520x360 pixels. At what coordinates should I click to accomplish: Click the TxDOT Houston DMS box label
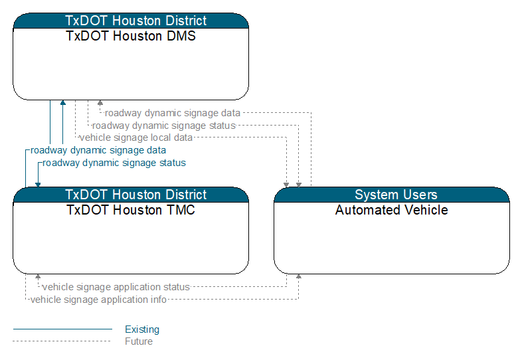pyautogui.click(x=131, y=36)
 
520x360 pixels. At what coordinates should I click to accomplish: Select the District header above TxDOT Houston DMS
pyautogui.click(x=136, y=21)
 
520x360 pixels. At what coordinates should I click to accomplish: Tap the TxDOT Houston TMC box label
pyautogui.click(x=131, y=210)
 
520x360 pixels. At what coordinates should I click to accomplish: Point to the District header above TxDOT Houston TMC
pyautogui.click(x=136, y=195)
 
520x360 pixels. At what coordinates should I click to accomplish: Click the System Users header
pyautogui.click(x=396, y=195)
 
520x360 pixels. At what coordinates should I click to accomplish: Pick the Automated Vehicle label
pyautogui.click(x=392, y=210)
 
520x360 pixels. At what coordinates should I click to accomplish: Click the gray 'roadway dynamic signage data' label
pyautogui.click(x=173, y=113)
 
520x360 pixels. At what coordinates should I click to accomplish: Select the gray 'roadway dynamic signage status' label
pyautogui.click(x=164, y=126)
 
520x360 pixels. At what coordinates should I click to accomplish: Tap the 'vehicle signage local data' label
pyautogui.click(x=136, y=137)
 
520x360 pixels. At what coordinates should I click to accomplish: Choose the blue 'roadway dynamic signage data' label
pyautogui.click(x=98, y=150)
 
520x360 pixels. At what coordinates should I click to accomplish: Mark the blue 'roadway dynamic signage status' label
pyautogui.click(x=114, y=163)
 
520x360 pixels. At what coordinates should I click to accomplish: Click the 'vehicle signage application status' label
pyautogui.click(x=116, y=287)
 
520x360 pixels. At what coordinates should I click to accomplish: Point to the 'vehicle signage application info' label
pyautogui.click(x=98, y=300)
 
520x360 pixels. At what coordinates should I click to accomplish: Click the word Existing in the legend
pyautogui.click(x=142, y=329)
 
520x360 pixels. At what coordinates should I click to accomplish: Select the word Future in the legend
pyautogui.click(x=139, y=341)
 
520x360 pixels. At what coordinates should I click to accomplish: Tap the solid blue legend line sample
pyautogui.click(x=62, y=329)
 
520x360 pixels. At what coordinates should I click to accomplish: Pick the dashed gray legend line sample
pyautogui.click(x=62, y=341)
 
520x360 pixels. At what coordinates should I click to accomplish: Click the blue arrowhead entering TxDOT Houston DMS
pyautogui.click(x=62, y=103)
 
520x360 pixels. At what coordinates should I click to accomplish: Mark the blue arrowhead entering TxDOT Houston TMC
pyautogui.click(x=38, y=185)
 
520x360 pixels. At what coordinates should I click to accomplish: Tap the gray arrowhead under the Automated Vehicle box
pyautogui.click(x=298, y=276)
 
